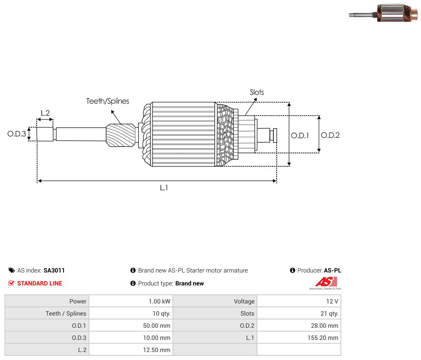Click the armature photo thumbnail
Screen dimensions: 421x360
(383, 12)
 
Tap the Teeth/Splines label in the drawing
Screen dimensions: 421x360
(107, 101)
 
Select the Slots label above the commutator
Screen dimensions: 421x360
(257, 92)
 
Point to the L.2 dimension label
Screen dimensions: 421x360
(45, 113)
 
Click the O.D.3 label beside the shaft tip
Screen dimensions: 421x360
(17, 134)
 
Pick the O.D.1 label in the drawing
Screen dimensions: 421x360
(300, 135)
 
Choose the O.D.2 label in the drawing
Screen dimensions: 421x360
(330, 135)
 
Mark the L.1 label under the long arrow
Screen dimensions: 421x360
(164, 188)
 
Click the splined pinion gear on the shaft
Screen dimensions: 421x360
(121, 135)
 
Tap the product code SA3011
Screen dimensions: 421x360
(54, 270)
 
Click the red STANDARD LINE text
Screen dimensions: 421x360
(40, 283)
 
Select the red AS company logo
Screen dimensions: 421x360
(325, 282)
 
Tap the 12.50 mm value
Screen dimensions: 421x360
(156, 350)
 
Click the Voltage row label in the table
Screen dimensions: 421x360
(244, 301)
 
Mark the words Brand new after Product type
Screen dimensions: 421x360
(189, 283)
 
